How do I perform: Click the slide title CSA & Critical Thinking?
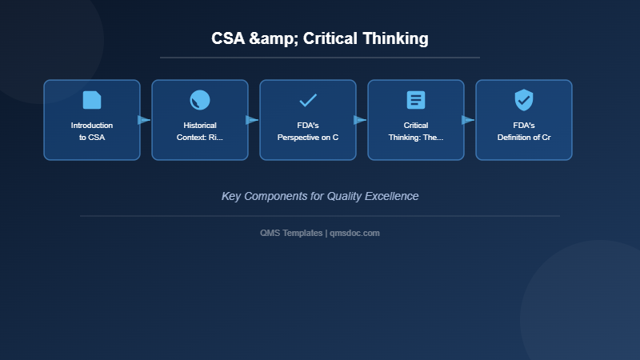(320, 38)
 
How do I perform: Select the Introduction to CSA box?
(92, 120)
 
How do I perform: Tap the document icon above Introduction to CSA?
(92, 100)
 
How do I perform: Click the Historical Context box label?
(200, 131)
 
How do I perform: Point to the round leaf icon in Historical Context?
(200, 100)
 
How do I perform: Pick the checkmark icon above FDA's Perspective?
(308, 100)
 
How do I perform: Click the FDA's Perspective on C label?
(308, 131)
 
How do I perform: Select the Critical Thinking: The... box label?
(416, 131)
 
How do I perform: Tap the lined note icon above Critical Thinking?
(416, 100)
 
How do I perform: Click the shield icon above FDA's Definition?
(524, 100)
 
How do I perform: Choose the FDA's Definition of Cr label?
(524, 131)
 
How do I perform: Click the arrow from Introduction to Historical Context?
(144, 120)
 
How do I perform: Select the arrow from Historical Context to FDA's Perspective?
(252, 120)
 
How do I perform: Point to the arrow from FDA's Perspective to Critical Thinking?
(360, 120)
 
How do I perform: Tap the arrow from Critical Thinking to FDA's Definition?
(468, 120)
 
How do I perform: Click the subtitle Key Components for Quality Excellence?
(320, 196)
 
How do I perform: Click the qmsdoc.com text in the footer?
(355, 233)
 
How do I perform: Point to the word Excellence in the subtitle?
(392, 196)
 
